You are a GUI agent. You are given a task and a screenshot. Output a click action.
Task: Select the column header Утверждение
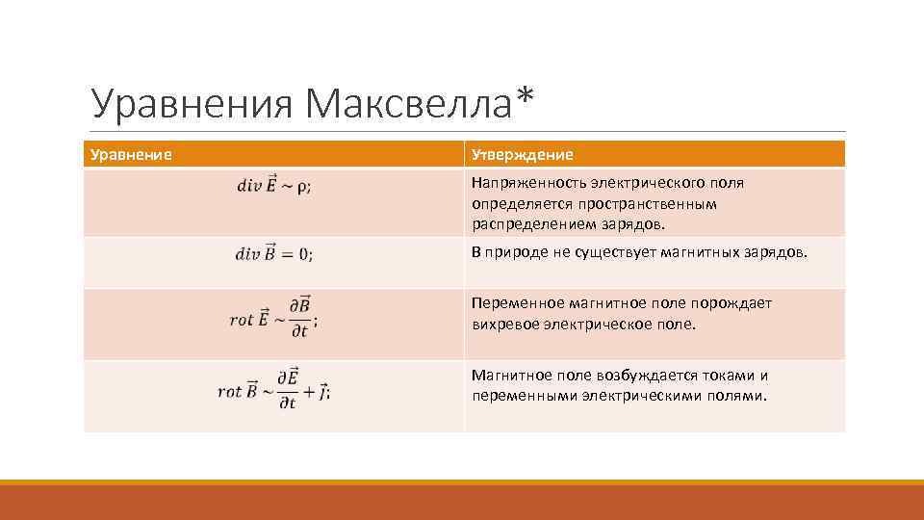click(522, 154)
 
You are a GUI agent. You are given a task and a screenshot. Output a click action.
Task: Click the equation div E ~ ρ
click(273, 186)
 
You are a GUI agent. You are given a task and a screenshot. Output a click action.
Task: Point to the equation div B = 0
click(273, 253)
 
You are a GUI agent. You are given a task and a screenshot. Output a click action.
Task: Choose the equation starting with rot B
click(273, 390)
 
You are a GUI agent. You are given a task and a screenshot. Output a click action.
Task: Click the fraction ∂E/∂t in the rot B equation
click(288, 390)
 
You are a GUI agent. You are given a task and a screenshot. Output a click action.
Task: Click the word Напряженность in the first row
click(528, 182)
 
